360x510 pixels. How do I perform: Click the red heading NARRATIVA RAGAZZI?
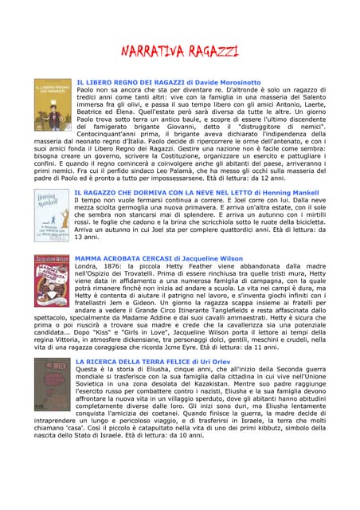click(179, 52)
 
